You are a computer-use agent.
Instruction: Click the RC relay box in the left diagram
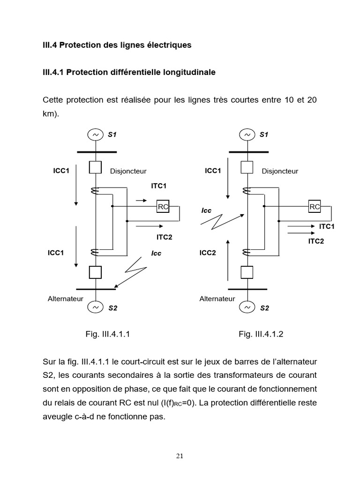[163, 206]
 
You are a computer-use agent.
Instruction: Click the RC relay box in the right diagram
[315, 206]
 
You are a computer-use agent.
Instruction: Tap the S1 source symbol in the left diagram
[95, 135]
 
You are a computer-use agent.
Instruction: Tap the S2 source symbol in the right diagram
[247, 308]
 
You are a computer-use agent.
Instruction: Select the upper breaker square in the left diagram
[95, 167]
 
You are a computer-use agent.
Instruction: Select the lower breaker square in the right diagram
[247, 272]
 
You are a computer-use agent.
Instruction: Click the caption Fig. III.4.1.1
[107, 334]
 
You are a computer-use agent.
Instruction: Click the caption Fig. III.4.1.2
[261, 334]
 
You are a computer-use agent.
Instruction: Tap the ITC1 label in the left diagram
[159, 186]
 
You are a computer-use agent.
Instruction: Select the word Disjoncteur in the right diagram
[280, 172]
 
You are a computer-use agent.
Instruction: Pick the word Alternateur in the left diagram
[65, 298]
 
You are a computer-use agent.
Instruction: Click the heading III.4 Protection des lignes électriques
[117, 45]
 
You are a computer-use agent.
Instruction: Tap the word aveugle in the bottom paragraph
[57, 416]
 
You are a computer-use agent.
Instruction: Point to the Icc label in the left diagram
[156, 253]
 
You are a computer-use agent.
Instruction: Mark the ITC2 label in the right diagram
[315, 241]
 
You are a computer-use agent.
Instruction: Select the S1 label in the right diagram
[264, 135]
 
